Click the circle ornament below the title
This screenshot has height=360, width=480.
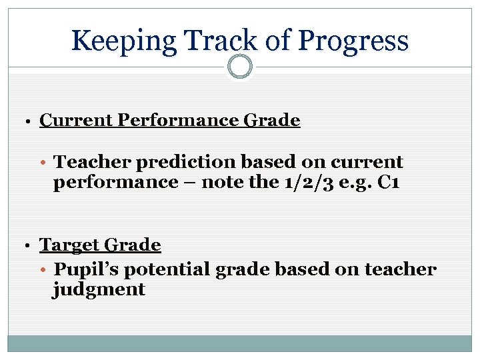click(240, 67)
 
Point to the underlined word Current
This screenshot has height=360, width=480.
click(76, 121)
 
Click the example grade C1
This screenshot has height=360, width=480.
click(388, 183)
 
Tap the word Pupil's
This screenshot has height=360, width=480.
click(83, 269)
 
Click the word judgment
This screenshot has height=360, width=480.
click(99, 289)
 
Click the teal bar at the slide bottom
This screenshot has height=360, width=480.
click(240, 343)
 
